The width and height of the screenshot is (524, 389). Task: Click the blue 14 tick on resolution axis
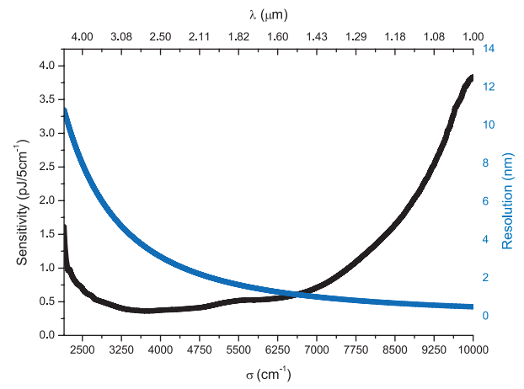488,49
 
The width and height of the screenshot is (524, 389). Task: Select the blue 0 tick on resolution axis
485,316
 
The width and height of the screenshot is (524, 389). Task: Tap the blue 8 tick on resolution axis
485,163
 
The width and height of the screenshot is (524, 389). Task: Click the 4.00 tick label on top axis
82,37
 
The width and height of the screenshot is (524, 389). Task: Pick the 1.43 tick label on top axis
317,37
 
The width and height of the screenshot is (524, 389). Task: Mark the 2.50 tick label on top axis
160,37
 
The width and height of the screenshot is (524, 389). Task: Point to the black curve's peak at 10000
471,77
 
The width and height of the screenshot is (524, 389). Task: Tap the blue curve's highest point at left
66,110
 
